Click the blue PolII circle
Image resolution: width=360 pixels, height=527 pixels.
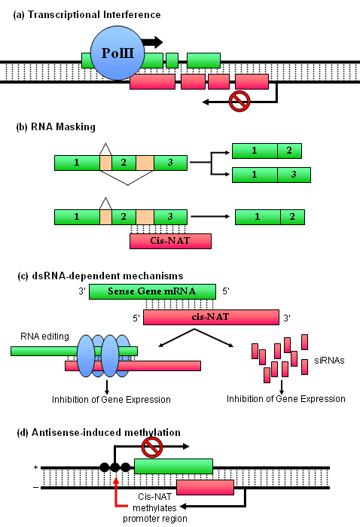(117, 53)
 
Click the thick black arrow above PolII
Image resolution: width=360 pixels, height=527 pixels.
(152, 42)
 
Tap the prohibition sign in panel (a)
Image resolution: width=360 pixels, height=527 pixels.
(239, 101)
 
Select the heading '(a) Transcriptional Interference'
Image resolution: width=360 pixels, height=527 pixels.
(87, 15)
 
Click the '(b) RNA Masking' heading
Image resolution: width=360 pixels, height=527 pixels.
(56, 126)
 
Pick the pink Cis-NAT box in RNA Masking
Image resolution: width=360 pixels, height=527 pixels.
(170, 241)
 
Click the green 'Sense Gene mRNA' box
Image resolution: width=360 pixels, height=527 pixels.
(152, 291)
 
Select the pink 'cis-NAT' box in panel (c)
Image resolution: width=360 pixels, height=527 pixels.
(211, 317)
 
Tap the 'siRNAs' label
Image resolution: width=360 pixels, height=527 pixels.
(329, 361)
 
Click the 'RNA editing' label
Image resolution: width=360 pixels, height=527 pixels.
(44, 337)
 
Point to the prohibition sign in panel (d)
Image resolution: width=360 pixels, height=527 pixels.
(152, 447)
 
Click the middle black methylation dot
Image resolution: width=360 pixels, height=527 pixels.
(115, 468)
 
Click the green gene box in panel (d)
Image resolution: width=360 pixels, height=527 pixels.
(173, 466)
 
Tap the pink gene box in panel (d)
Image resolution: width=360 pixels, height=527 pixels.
(205, 487)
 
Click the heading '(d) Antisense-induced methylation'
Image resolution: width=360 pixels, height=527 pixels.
(99, 432)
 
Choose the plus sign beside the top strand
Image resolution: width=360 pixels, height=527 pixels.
(35, 468)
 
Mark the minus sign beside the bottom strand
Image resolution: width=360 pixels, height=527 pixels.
(35, 487)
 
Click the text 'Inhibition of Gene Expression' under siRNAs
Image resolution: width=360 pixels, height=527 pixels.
(285, 399)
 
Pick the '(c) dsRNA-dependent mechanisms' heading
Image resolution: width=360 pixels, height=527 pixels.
(100, 276)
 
